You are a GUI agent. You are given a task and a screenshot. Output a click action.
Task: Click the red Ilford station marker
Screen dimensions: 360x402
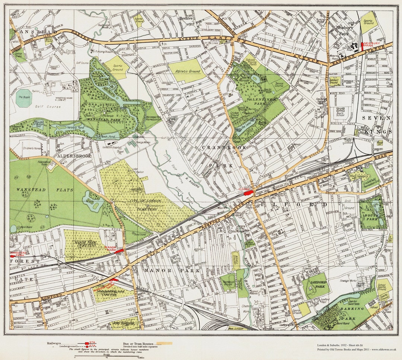pos(249,192)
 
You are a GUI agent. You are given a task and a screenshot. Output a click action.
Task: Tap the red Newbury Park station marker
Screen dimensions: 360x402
pos(362,47)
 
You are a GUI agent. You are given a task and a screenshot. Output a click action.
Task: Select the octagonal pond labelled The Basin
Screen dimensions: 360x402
pos(24,98)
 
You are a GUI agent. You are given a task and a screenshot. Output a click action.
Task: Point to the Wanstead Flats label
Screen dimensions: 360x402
pos(31,189)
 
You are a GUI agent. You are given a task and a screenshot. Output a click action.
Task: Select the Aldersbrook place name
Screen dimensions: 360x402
pos(74,156)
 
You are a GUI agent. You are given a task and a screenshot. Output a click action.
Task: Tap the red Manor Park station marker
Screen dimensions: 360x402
pos(119,251)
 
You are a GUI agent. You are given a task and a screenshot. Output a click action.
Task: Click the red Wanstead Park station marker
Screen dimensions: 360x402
pos(13,256)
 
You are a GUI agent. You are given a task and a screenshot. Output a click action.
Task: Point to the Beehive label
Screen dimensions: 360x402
pos(186,18)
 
